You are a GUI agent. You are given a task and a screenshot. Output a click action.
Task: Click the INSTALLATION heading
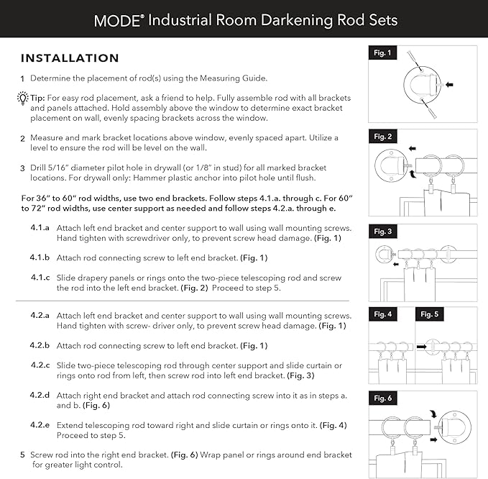click(70, 58)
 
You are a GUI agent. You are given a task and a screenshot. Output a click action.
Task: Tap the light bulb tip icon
click(23, 98)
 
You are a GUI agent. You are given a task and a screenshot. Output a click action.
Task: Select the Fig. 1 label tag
click(382, 53)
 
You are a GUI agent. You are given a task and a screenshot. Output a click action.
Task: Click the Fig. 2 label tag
click(382, 136)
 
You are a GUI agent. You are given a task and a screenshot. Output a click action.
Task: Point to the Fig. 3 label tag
click(382, 232)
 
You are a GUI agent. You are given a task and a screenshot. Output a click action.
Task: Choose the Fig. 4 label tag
click(382, 314)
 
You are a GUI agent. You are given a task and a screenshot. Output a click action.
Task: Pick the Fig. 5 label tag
click(429, 314)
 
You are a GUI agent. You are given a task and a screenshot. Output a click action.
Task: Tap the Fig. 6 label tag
click(382, 398)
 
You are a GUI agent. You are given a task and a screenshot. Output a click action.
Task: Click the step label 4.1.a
click(39, 227)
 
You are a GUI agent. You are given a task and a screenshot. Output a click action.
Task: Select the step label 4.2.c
click(40, 365)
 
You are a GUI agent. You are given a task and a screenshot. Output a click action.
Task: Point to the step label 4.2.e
click(40, 425)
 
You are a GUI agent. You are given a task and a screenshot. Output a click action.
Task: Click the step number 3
click(22, 168)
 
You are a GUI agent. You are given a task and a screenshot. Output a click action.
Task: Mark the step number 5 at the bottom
click(22, 455)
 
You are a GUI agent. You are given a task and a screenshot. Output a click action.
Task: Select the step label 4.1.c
click(39, 278)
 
